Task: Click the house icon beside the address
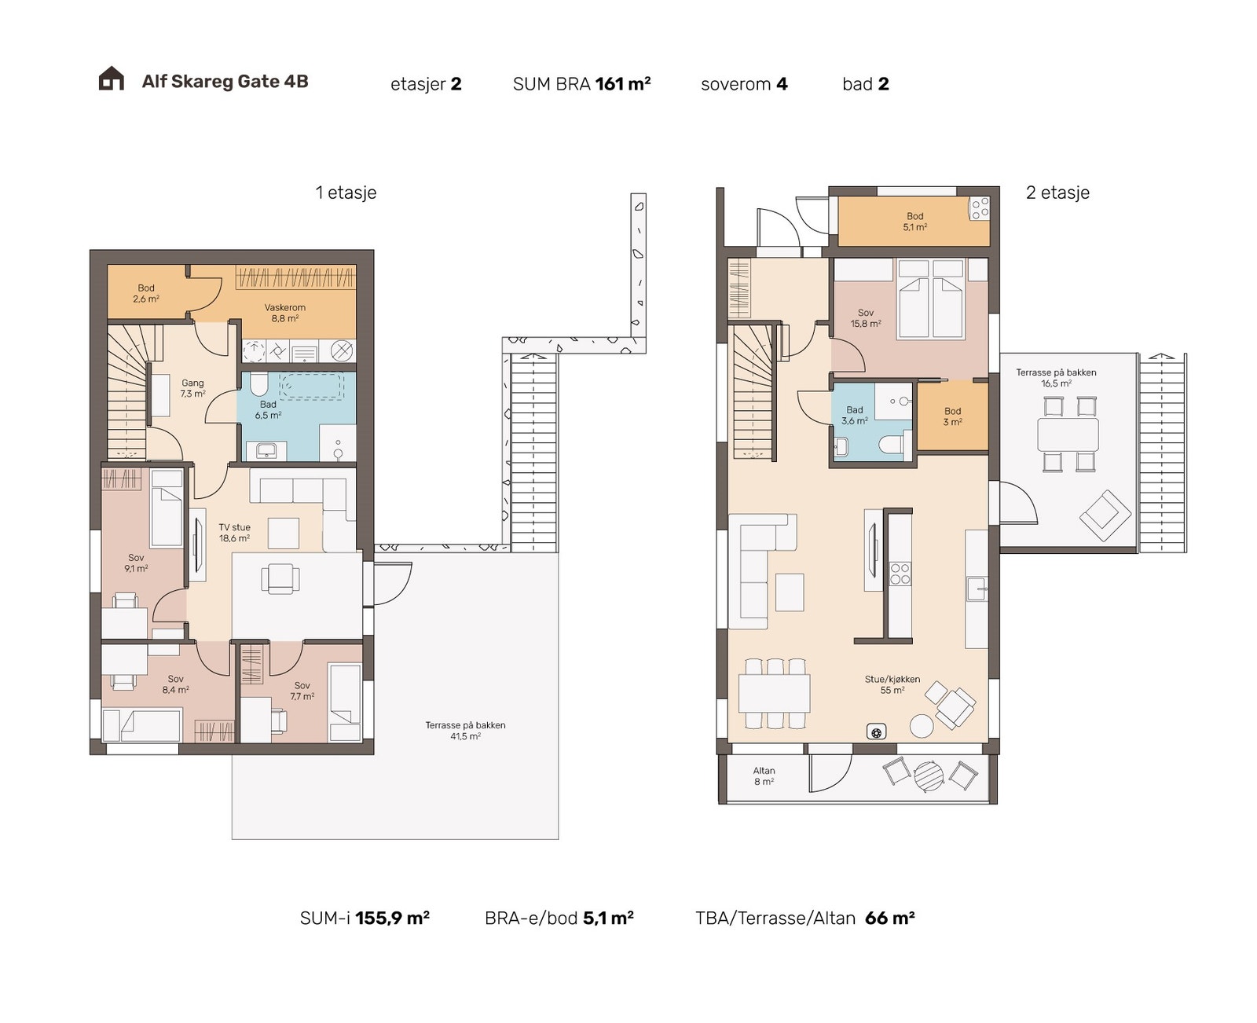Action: tap(111, 78)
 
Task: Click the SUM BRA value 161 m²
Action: tap(622, 84)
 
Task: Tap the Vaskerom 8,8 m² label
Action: tap(284, 313)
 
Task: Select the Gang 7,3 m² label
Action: tap(193, 388)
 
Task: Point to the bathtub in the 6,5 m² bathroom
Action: tap(312, 386)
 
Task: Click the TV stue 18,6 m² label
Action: tap(234, 533)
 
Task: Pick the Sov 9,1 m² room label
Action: tap(136, 563)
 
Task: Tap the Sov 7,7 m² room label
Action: tap(302, 691)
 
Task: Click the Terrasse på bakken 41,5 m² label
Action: tap(465, 730)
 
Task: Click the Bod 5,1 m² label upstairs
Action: tap(914, 222)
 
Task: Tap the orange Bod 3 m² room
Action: tap(952, 416)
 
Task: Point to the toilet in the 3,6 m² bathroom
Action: tap(890, 444)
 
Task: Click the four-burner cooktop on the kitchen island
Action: tap(900, 574)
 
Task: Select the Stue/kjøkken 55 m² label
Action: tap(892, 685)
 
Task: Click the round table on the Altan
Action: tap(929, 775)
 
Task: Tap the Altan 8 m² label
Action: tap(764, 776)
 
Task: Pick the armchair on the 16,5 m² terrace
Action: tap(1105, 515)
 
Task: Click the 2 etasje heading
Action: tap(1057, 192)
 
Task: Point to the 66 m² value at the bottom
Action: tap(889, 918)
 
